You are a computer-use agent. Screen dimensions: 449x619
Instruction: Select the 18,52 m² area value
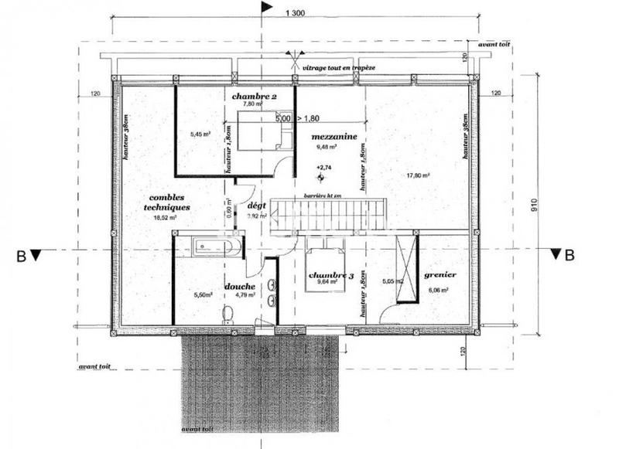click(165, 218)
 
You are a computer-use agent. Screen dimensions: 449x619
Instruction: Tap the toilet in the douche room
click(227, 315)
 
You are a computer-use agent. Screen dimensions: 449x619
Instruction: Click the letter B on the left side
click(24, 254)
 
